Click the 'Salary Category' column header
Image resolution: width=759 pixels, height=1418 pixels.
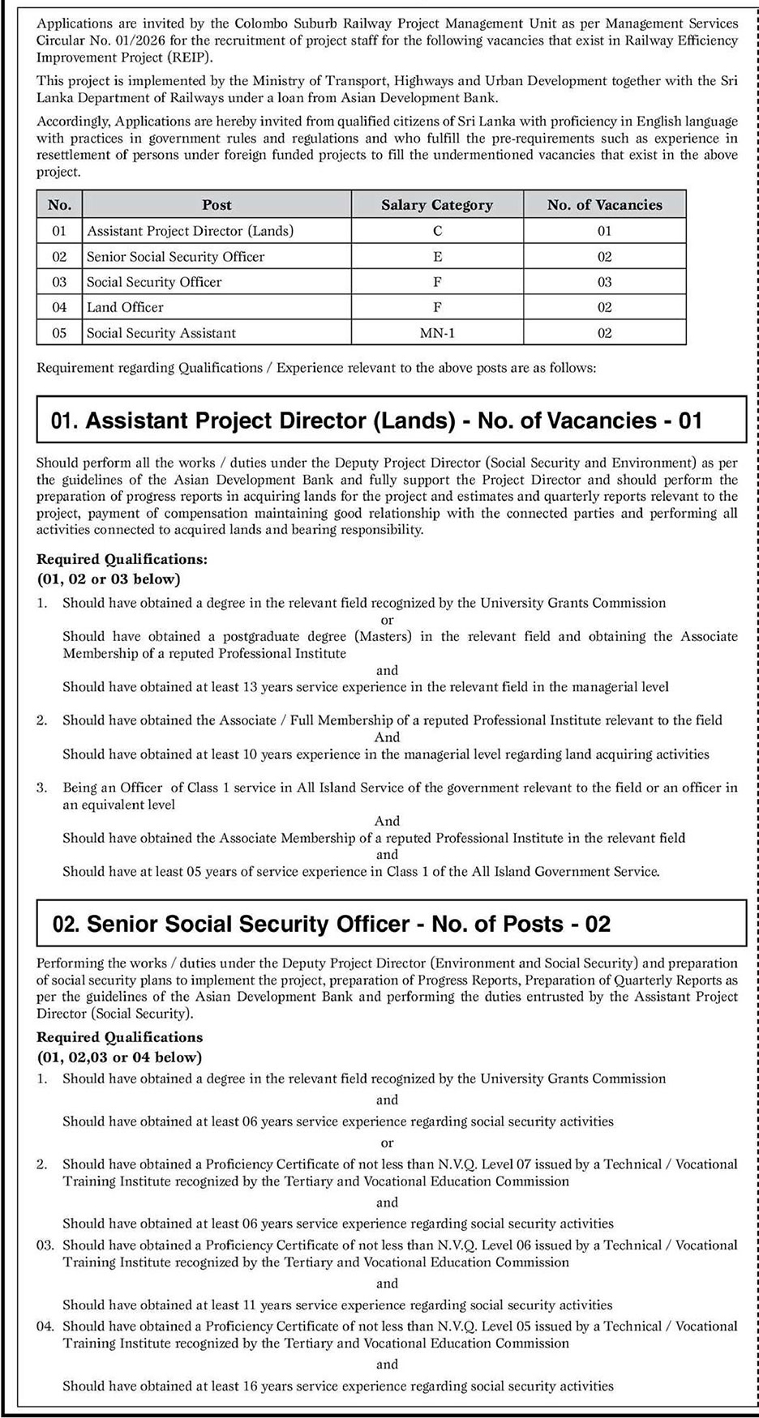437,205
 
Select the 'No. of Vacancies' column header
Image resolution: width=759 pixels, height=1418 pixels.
604,205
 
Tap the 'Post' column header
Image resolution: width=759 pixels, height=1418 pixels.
217,205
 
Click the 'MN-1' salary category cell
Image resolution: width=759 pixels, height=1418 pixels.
437,333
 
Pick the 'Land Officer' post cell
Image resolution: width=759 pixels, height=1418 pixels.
125,307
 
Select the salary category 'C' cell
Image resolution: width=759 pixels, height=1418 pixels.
437,231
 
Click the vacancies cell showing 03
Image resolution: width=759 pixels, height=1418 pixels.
604,282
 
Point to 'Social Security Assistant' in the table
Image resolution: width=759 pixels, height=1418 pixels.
161,333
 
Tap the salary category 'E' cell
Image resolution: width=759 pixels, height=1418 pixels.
437,256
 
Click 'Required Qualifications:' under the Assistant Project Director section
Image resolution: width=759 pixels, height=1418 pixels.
122,559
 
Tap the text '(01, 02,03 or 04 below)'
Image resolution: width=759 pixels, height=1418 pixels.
119,1057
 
